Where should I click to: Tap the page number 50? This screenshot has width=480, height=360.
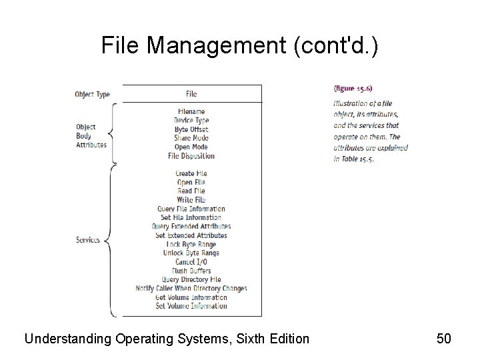point(444,339)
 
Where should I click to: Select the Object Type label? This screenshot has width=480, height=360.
point(92,94)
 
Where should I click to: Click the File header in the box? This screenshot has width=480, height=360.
point(191,94)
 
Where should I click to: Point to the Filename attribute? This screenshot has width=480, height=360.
point(191,111)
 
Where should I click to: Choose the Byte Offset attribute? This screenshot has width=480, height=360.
point(191,129)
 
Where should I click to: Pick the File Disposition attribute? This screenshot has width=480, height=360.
point(191,156)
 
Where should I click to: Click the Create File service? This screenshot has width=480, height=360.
point(191,173)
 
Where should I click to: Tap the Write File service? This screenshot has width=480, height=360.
point(191,199)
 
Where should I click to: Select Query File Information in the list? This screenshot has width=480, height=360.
point(191,209)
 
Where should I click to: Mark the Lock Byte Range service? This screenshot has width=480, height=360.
point(191,244)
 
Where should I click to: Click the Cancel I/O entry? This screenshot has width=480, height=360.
point(191,261)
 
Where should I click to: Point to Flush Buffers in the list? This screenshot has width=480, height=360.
point(191,271)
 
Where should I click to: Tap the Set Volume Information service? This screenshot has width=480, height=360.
point(191,306)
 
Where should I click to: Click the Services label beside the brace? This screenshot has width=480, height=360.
point(88,240)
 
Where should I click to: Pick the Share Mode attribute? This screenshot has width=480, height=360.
point(191,138)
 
